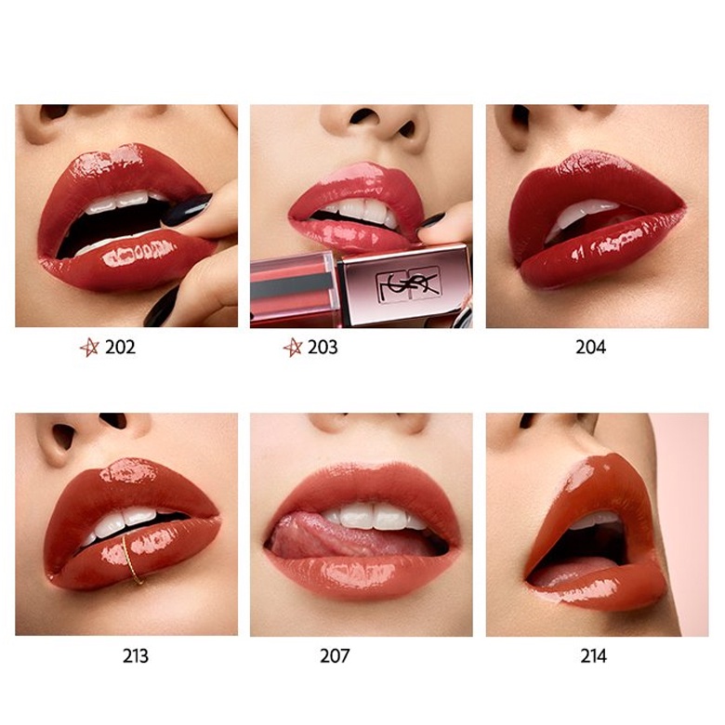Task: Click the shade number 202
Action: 121,348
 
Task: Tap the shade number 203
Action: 323,348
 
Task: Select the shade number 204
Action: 590,348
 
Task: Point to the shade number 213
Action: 136,656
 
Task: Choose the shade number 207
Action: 335,656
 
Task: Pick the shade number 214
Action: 593,656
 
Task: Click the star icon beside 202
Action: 89,348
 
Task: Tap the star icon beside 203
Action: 293,348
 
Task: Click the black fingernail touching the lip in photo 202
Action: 187,210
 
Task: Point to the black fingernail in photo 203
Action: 431,220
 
